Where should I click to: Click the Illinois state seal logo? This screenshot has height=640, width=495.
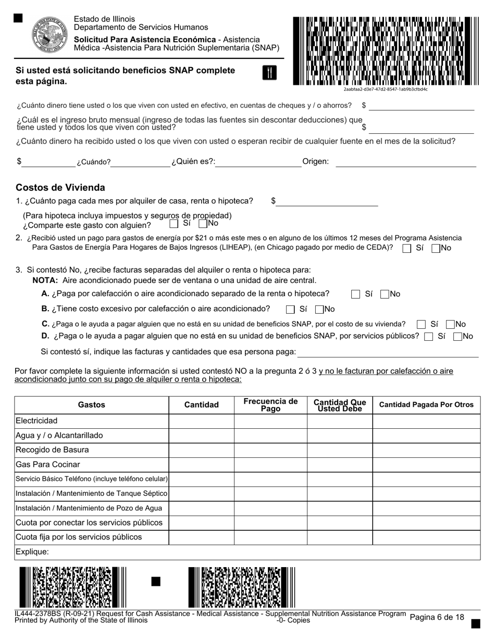(50, 33)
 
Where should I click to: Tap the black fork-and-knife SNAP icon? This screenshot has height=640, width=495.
(269, 73)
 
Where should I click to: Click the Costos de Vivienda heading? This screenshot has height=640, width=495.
(60, 187)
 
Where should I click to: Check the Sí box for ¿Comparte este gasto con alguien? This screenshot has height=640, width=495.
(174, 224)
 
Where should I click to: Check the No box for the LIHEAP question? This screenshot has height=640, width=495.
(436, 248)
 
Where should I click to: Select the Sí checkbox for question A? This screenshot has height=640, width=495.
(355, 294)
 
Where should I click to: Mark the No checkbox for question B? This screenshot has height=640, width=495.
(320, 309)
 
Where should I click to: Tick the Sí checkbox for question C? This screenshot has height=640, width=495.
(422, 324)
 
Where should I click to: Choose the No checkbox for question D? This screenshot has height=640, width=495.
(458, 337)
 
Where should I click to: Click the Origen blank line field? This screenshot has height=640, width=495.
(405, 162)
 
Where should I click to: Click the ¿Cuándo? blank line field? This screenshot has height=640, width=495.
(141, 162)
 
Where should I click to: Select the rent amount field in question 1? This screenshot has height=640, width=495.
(327, 201)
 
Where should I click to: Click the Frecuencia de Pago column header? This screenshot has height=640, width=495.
(270, 405)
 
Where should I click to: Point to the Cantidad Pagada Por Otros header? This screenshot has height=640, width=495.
(426, 405)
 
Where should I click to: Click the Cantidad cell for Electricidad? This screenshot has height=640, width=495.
(201, 421)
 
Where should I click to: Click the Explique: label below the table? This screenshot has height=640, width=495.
(32, 552)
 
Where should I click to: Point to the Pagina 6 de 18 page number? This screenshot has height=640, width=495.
(437, 617)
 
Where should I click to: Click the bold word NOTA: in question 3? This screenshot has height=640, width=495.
(45, 280)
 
